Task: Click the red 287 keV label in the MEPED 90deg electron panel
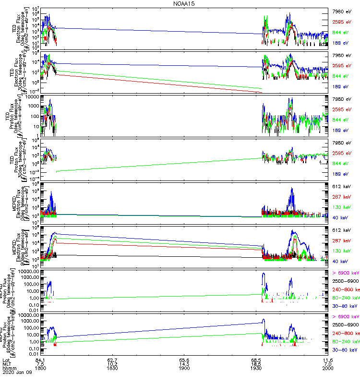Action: tap(342, 240)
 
